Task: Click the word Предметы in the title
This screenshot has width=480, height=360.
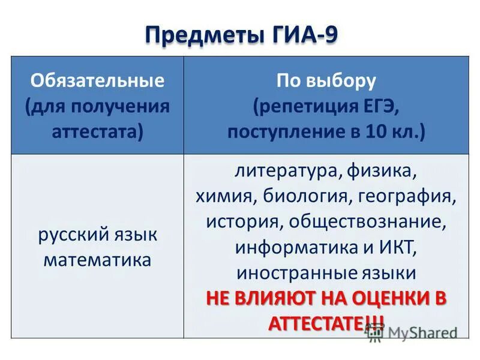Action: click(x=198, y=35)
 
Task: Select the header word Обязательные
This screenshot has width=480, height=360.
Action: click(x=98, y=80)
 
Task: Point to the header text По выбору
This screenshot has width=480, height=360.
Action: click(x=326, y=80)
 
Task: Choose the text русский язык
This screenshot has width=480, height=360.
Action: click(x=98, y=234)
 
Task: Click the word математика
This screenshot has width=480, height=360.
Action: click(x=98, y=260)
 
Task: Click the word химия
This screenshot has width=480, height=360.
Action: click(x=226, y=197)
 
